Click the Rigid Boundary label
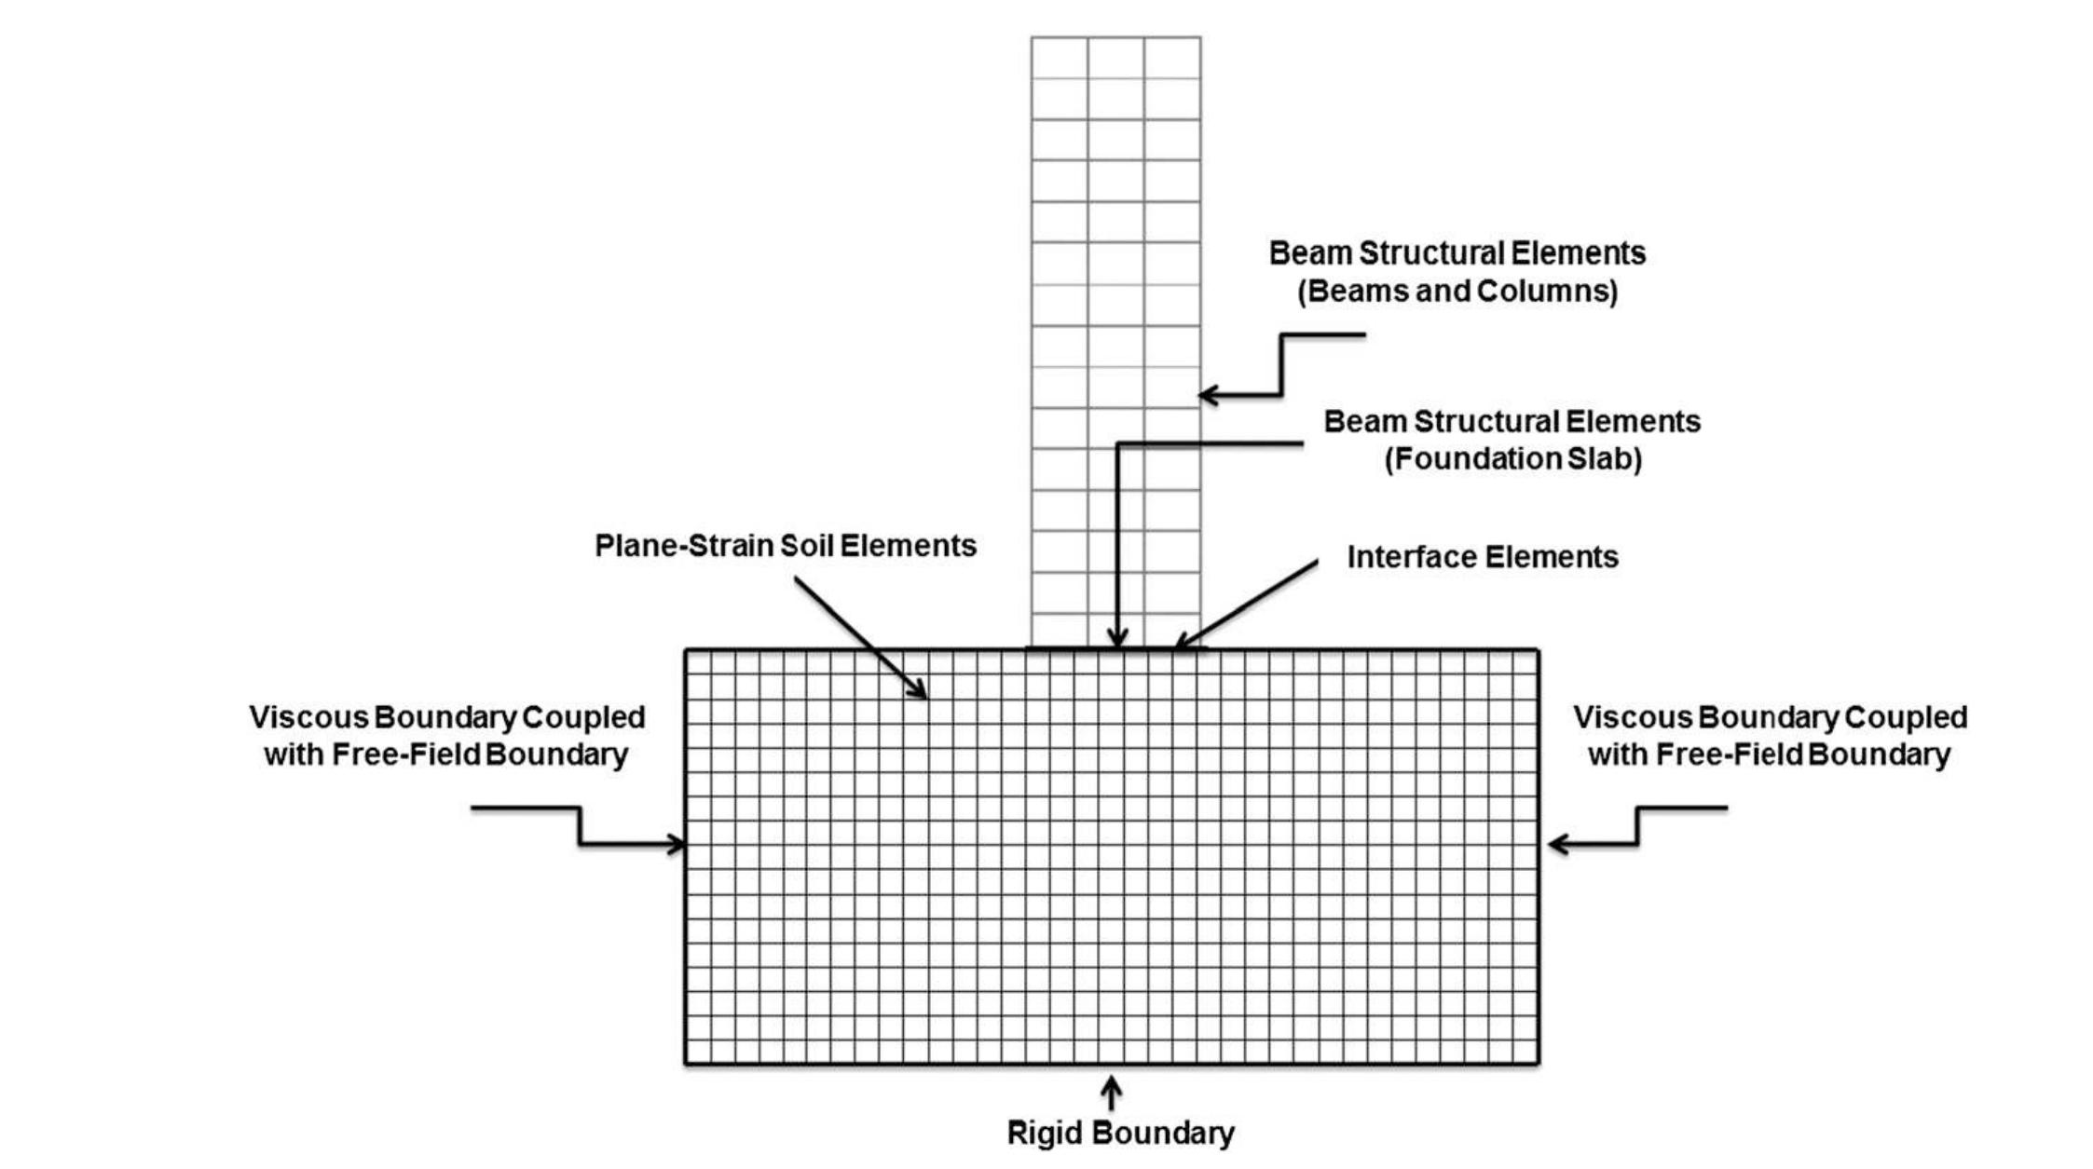pyautogui.click(x=1120, y=1134)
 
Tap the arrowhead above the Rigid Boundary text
pyautogui.click(x=1111, y=1082)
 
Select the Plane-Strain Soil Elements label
pyautogui.click(x=785, y=546)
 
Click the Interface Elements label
pyautogui.click(x=1482, y=557)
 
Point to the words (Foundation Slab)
pyautogui.click(x=1512, y=459)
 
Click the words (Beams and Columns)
pyautogui.click(x=1457, y=292)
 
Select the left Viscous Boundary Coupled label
pyautogui.click(x=446, y=718)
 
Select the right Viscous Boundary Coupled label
pyautogui.click(x=1770, y=718)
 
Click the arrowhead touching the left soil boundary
pyautogui.click(x=677, y=845)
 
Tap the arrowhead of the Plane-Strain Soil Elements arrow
pyautogui.click(x=920, y=692)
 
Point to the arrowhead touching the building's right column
pyautogui.click(x=1207, y=395)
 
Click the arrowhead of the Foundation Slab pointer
pyautogui.click(x=1116, y=640)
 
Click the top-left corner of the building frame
pyautogui.click(x=1032, y=38)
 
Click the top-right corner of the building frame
pyautogui.click(x=1200, y=38)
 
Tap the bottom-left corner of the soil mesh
pyautogui.click(x=686, y=1063)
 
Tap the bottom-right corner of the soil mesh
pyautogui.click(x=1538, y=1063)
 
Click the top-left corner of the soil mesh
pyautogui.click(x=686, y=650)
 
